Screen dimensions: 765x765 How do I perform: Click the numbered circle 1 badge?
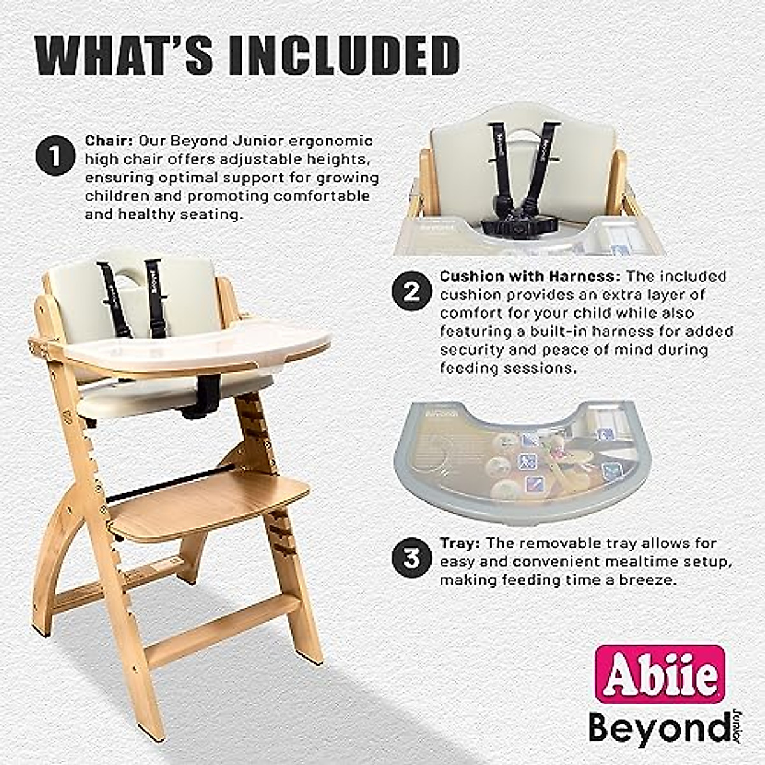pyautogui.click(x=56, y=156)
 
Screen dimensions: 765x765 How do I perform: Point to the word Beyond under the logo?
pyautogui.click(x=657, y=726)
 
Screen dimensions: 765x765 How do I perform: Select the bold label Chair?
pyautogui.click(x=109, y=140)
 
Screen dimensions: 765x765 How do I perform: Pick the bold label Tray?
pyautogui.click(x=460, y=543)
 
